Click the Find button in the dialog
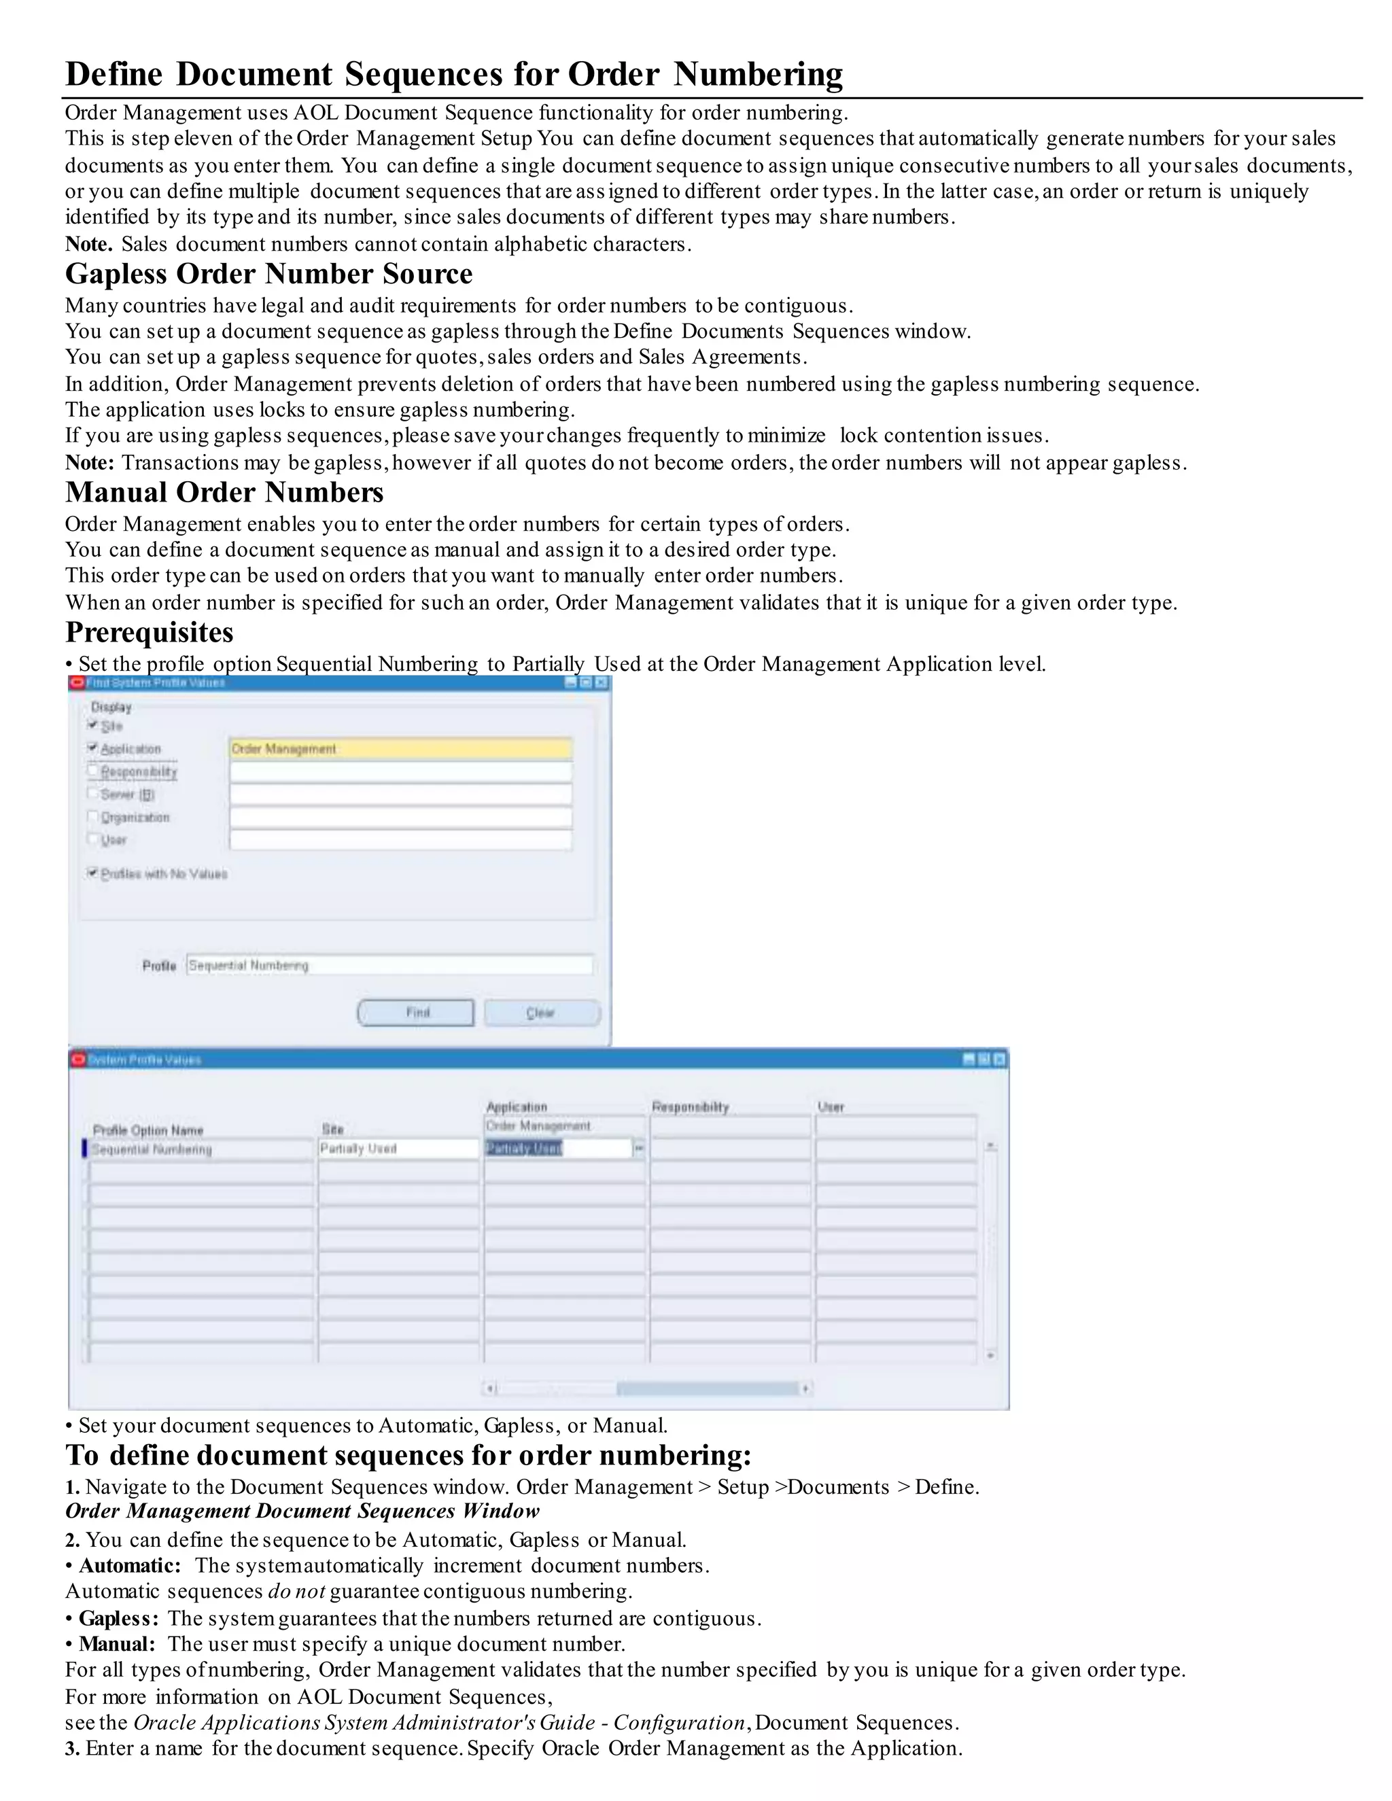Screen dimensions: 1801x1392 (x=415, y=1012)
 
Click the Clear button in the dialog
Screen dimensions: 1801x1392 (x=542, y=1012)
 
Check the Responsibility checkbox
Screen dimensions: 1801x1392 (x=92, y=771)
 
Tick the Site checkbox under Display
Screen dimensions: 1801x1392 (x=92, y=725)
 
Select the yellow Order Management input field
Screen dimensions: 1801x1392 (x=400, y=749)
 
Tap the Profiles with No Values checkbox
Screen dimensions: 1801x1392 (x=92, y=873)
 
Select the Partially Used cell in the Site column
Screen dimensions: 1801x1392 (x=398, y=1148)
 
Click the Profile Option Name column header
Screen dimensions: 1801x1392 (x=147, y=1130)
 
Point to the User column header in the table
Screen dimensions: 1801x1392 (x=831, y=1106)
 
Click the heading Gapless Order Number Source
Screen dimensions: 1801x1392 (x=269, y=274)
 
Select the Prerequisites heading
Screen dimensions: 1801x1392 (x=150, y=633)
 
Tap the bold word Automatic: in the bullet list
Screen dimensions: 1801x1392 (x=129, y=1565)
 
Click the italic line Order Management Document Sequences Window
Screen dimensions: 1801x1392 (x=302, y=1511)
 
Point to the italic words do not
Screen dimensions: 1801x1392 (x=296, y=1591)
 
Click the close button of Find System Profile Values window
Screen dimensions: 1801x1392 (x=601, y=683)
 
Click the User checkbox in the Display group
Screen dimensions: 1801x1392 (x=92, y=839)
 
